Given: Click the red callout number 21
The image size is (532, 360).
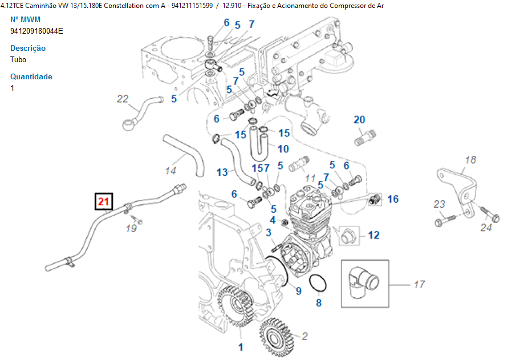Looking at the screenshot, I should (x=104, y=202).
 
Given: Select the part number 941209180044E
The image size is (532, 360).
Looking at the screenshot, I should (x=36, y=31).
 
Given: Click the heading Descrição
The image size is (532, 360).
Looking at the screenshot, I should (x=28, y=48).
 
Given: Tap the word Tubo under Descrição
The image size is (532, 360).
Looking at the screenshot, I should (x=18, y=59).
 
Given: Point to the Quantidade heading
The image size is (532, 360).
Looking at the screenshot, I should (x=31, y=77).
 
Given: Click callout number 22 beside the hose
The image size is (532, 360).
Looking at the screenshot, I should (x=123, y=99).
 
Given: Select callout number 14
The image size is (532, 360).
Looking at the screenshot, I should (x=171, y=170).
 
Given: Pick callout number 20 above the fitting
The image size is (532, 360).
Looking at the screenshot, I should (x=359, y=120).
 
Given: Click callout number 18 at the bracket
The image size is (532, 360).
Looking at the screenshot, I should (x=470, y=160).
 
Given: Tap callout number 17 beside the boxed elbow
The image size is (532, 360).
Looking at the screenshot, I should (x=419, y=284).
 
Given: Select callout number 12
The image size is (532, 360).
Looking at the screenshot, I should (x=373, y=234).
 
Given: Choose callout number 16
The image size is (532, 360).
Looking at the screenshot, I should (x=393, y=199).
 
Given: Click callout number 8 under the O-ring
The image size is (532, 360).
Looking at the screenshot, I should (x=319, y=303).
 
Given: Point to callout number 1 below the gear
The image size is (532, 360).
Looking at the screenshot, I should (x=240, y=346).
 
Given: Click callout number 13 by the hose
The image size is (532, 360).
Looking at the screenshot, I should (x=222, y=172).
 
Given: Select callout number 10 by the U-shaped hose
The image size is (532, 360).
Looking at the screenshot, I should (x=283, y=149).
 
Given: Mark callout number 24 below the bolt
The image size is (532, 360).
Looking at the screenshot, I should (x=486, y=228).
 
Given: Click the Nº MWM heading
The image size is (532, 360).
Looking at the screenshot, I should (x=26, y=19).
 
